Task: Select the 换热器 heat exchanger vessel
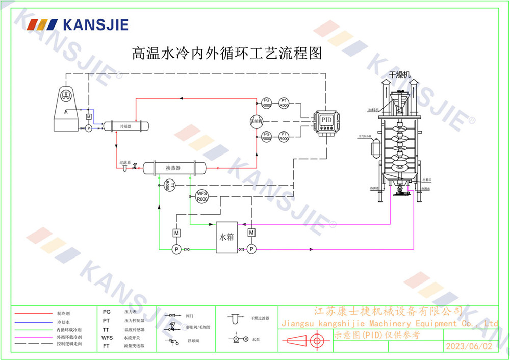tap(173, 168)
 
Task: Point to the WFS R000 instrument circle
tap(202, 196)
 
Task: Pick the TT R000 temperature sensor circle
tap(169, 185)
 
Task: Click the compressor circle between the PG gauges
tap(256, 121)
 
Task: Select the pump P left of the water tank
tap(176, 249)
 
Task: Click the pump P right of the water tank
tap(251, 249)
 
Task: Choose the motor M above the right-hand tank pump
tap(251, 233)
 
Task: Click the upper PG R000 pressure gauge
tap(266, 102)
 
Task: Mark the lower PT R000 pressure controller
tap(284, 136)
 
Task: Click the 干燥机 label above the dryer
tap(400, 75)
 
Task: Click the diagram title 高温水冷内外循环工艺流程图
tap(227, 53)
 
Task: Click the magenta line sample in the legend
tap(32, 337)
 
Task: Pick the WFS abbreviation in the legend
tap(107, 338)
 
